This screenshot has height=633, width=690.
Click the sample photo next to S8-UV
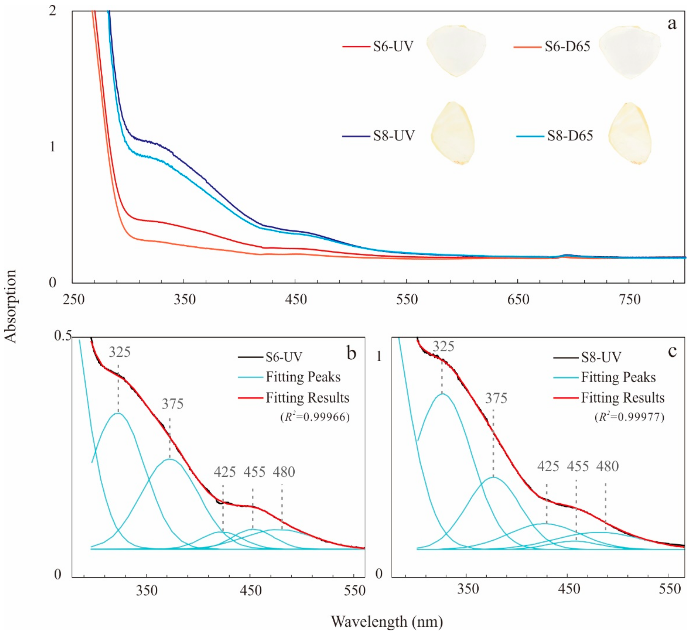[x=452, y=133]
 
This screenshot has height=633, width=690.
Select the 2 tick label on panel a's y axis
[x=52, y=11]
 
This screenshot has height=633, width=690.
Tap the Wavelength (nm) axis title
[x=387, y=621]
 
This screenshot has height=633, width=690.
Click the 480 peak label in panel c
[x=607, y=466]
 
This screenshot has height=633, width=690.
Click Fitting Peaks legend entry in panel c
[x=618, y=377]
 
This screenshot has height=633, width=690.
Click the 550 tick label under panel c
[x=669, y=589]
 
